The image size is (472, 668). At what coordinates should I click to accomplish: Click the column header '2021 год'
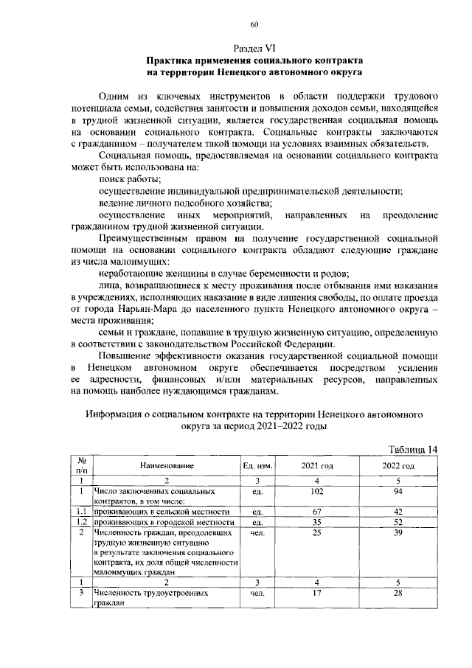(x=317, y=466)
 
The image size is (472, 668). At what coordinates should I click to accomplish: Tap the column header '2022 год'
(x=398, y=466)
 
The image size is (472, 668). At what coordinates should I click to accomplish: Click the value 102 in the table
(x=317, y=490)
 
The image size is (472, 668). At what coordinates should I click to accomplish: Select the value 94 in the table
(x=398, y=490)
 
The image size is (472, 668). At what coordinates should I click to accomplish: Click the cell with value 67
(x=317, y=511)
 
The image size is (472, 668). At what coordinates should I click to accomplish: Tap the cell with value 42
(x=398, y=511)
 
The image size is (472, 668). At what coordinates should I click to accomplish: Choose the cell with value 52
(x=398, y=521)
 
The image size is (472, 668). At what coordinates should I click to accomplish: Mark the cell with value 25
(x=317, y=532)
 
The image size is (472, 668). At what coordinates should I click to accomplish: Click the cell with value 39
(x=398, y=532)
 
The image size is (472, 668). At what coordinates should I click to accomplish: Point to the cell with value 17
(x=317, y=592)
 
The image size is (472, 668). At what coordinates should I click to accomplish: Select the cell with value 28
(x=398, y=592)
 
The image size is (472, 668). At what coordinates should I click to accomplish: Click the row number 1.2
(x=83, y=521)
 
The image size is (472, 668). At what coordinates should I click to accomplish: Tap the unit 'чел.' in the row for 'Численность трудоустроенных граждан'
(x=257, y=592)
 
